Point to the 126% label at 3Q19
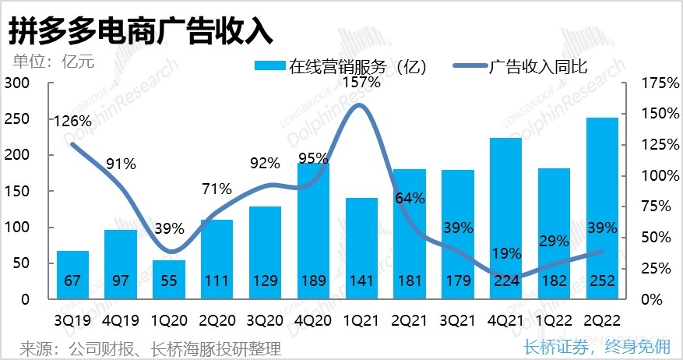pyautogui.click(x=72, y=121)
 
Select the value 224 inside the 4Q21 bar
pyautogui.click(x=506, y=281)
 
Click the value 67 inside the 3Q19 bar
pyautogui.click(x=72, y=281)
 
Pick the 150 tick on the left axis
pyautogui.click(x=16, y=191)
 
